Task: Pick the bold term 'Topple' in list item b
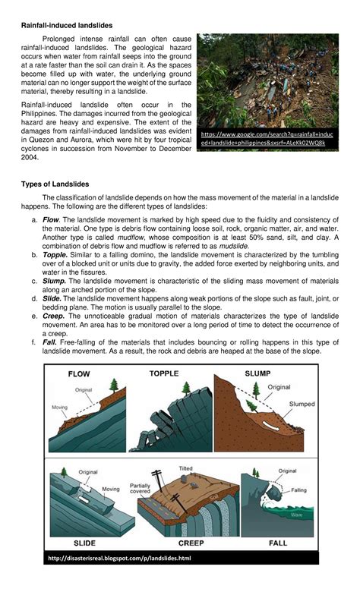pyautogui.click(x=55, y=256)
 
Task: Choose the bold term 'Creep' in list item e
pyautogui.click(x=54, y=316)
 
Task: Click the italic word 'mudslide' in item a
pyautogui.click(x=233, y=247)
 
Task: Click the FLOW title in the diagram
pyautogui.click(x=79, y=374)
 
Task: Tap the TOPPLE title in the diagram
pyautogui.click(x=164, y=373)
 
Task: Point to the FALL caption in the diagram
pyautogui.click(x=277, y=544)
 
